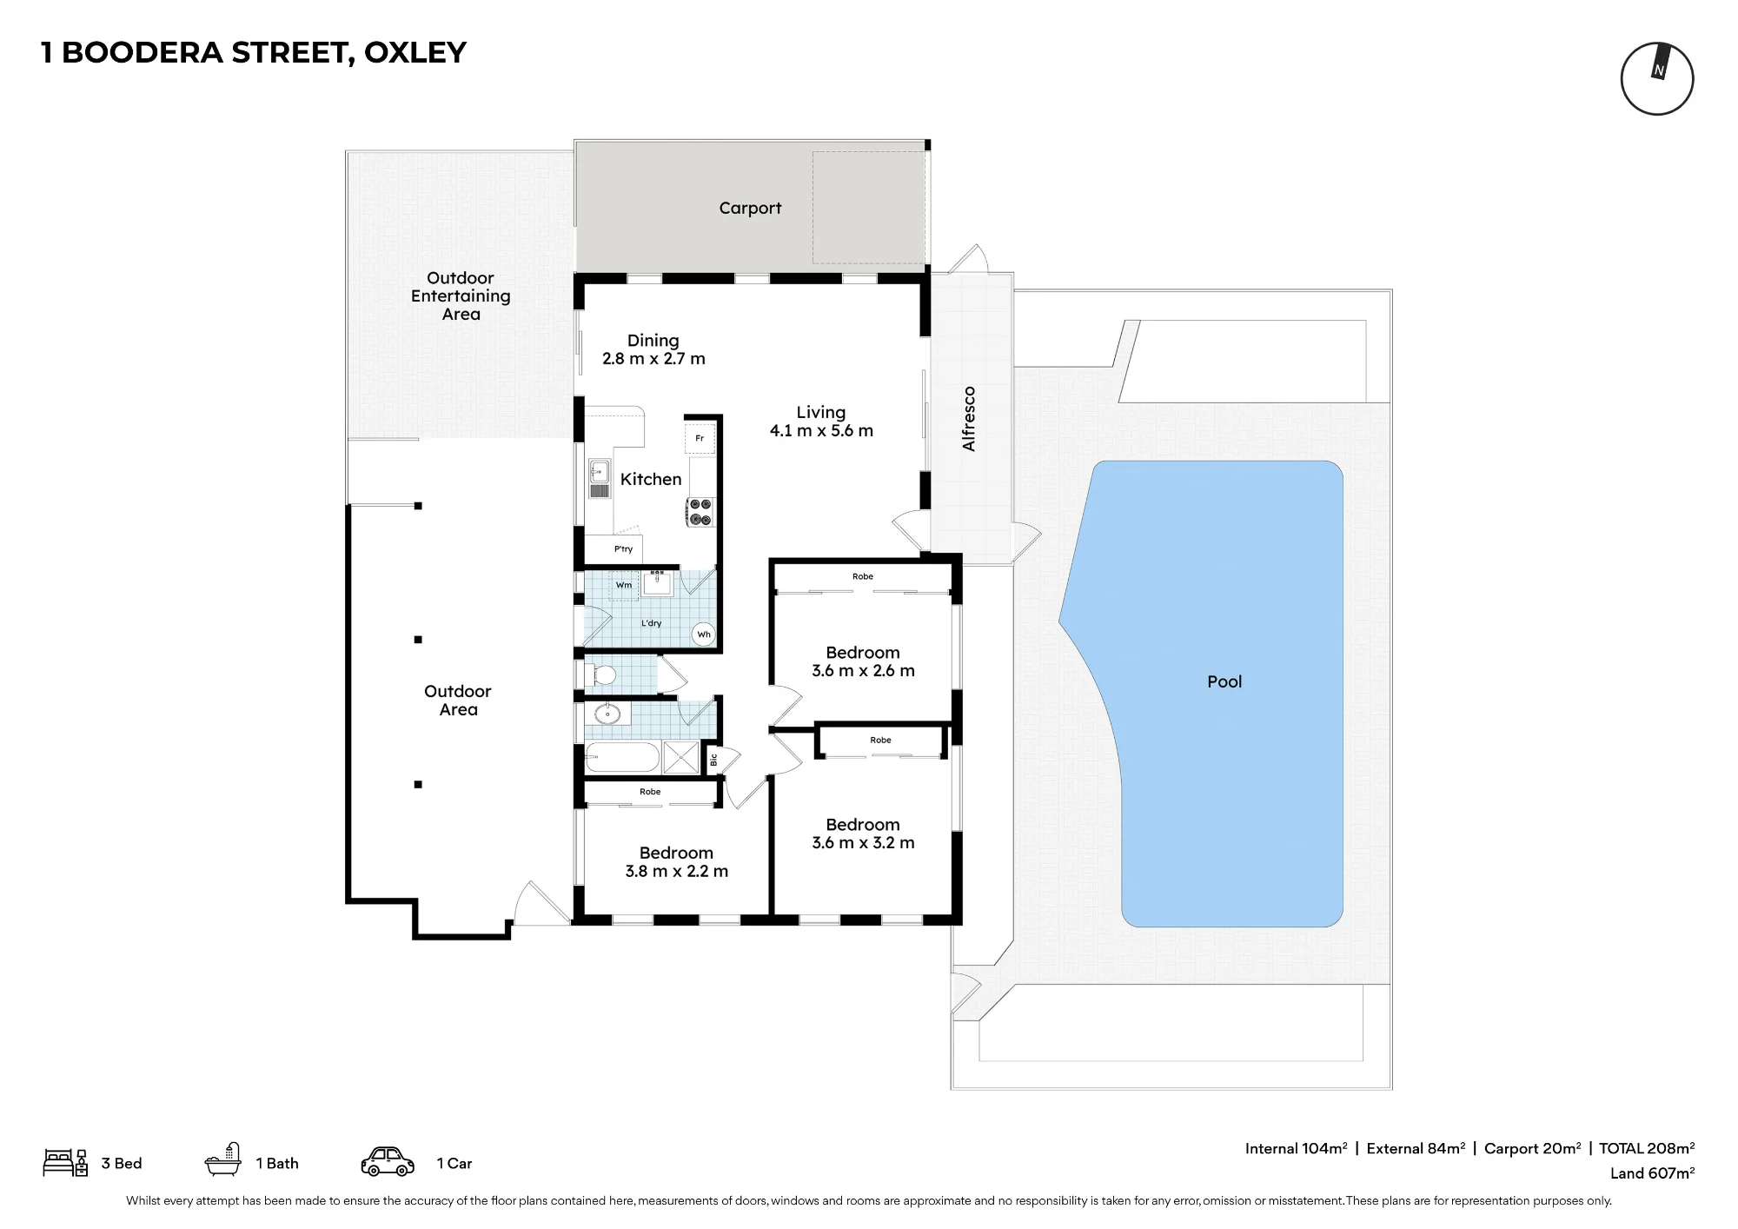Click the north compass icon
[x=1657, y=78]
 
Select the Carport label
[x=750, y=209]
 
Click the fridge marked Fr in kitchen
[x=700, y=438]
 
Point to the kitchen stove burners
[x=700, y=512]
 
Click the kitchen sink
[x=600, y=478]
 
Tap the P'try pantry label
[x=624, y=549]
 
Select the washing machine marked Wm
[x=624, y=585]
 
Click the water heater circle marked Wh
[x=704, y=634]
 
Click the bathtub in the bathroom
[x=622, y=758]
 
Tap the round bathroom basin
[x=607, y=714]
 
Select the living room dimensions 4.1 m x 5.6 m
[x=821, y=431]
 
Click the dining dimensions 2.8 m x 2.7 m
[x=653, y=359]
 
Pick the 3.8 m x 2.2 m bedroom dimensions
[x=677, y=872]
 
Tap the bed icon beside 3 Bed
[x=65, y=1163]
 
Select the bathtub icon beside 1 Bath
[x=222, y=1161]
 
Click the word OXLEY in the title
[x=415, y=53]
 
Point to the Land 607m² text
[x=1652, y=1173]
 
